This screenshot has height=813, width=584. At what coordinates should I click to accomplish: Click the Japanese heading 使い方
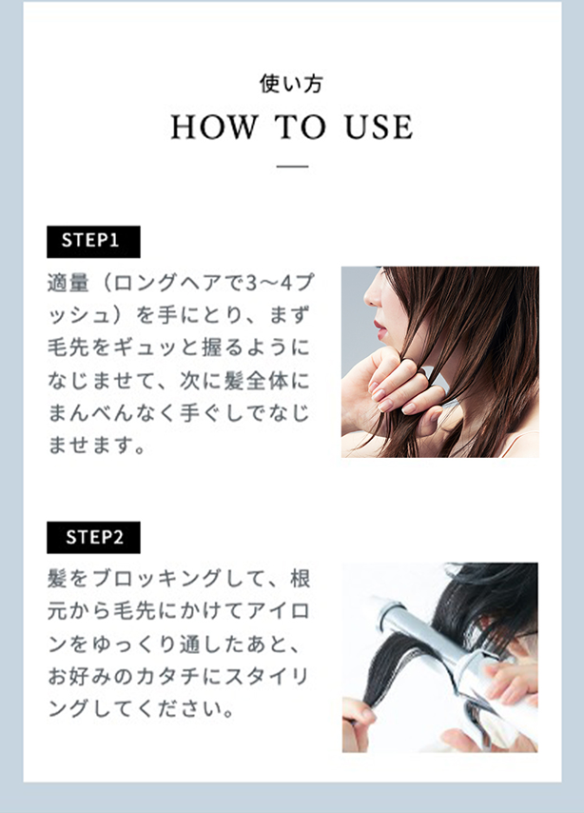291,84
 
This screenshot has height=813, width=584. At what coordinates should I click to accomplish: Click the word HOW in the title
214,127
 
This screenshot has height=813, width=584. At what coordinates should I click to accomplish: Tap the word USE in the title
379,127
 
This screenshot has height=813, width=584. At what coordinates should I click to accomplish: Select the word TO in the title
301,127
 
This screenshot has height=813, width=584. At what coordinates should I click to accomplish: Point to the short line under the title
292,167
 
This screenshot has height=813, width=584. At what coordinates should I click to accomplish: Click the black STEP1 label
93,242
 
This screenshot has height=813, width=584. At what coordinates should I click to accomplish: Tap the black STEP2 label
93,538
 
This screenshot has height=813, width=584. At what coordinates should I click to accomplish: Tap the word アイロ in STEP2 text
278,611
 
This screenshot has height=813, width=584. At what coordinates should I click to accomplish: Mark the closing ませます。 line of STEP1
97,446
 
